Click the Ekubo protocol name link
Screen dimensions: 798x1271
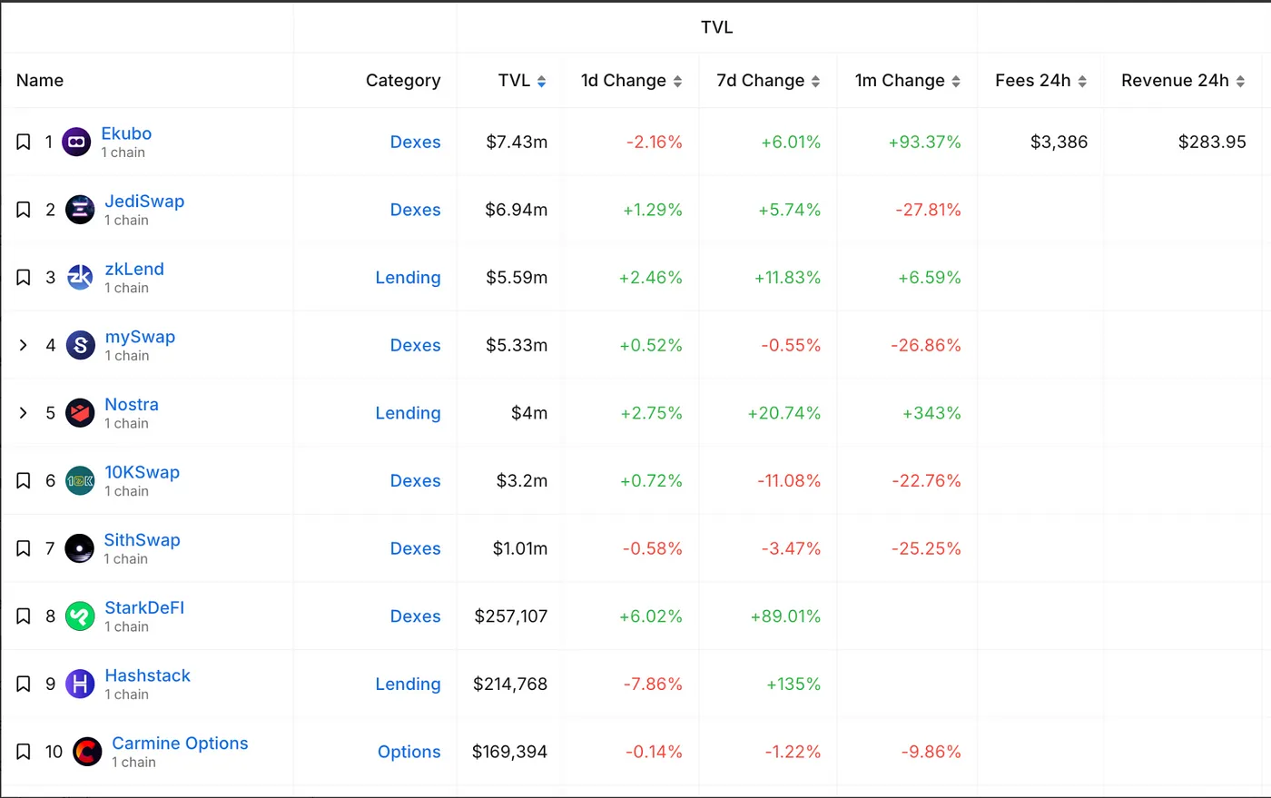(126, 133)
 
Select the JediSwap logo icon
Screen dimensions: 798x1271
(80, 210)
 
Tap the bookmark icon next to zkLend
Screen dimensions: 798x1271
(24, 278)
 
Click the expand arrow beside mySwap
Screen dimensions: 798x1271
(24, 345)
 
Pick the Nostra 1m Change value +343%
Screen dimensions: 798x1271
(931, 413)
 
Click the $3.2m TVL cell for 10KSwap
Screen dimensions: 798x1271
(521, 481)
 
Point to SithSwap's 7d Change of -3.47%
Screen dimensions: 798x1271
(791, 548)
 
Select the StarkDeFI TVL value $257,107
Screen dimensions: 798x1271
(510, 616)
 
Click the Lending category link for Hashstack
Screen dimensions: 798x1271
(408, 684)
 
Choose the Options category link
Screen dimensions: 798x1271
(409, 752)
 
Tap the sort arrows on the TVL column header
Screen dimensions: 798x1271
(542, 82)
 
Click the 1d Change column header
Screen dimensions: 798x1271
(623, 81)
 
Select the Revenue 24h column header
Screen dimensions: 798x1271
(1175, 81)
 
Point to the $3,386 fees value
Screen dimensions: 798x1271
(1059, 142)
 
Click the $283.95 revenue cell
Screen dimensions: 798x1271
(1211, 142)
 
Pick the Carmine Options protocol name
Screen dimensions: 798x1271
(180, 744)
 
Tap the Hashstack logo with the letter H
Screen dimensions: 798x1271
(80, 684)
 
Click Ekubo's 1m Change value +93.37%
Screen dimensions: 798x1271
(924, 142)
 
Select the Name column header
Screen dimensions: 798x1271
(40, 81)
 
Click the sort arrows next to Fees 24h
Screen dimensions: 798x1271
(1082, 82)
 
